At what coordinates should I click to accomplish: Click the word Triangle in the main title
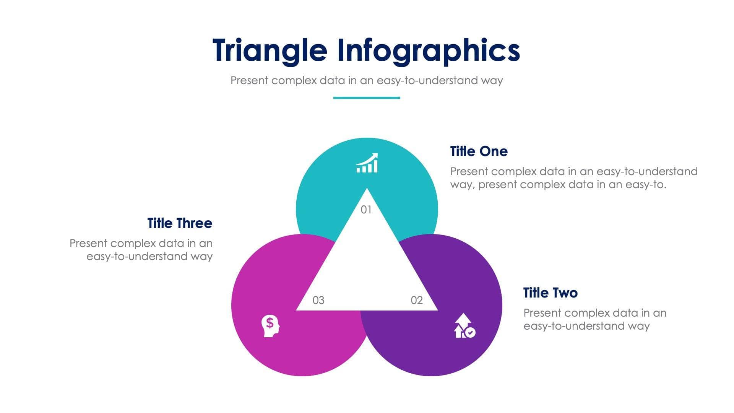pos(270,51)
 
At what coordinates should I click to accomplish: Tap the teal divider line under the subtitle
pos(367,98)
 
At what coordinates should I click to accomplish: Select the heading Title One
pos(479,151)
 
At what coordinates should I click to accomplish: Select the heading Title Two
pos(550,293)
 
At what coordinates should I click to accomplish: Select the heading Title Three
pos(180,223)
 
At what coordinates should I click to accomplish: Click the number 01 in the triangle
pos(366,210)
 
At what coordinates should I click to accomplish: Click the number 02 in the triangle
pos(417,301)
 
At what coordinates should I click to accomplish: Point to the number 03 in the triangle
pos(318,301)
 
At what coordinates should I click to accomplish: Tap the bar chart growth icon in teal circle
pos(367,163)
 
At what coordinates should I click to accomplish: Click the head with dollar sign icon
pos(270,326)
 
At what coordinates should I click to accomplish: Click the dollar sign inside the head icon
pos(270,323)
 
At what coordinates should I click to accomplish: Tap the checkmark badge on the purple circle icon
pos(471,332)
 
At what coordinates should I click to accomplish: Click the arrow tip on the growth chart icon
pos(375,155)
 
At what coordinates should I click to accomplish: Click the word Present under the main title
pos(249,81)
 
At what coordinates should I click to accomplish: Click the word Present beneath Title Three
pos(88,244)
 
